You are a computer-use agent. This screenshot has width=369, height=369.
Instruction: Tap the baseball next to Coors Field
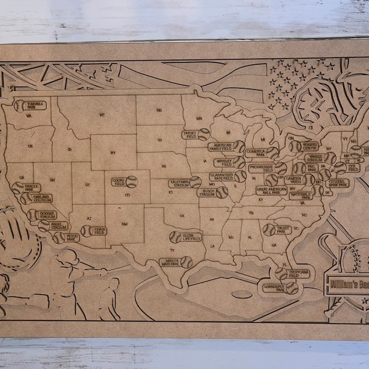(132, 181)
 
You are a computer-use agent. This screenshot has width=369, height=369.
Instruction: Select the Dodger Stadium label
(46, 215)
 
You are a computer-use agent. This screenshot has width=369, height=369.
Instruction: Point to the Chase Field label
(100, 231)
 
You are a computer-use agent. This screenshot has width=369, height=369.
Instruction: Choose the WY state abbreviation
(113, 152)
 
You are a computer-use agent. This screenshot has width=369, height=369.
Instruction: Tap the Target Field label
(189, 133)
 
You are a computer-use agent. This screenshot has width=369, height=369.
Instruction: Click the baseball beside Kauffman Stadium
(196, 182)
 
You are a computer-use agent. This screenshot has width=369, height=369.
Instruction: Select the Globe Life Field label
(191, 237)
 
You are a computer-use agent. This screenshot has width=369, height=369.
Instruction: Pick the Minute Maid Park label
(169, 262)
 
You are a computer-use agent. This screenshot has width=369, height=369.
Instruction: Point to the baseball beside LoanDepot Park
(292, 287)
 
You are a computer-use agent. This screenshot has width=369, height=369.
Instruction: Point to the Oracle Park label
(32, 188)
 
